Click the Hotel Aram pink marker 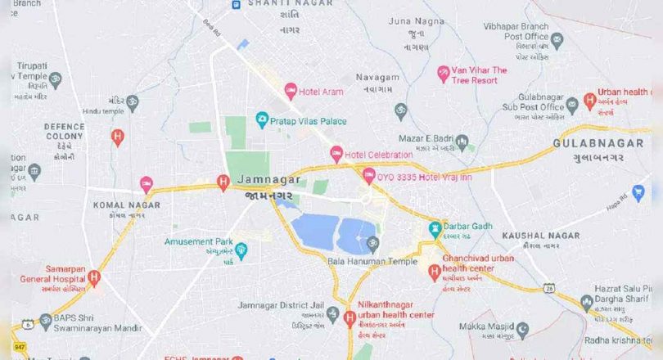[290, 91]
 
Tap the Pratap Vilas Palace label [309, 121]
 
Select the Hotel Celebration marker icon [336, 153]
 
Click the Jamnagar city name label [268, 179]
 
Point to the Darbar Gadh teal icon [435, 227]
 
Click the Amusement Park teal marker [241, 248]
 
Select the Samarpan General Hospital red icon [94, 278]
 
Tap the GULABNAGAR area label [598, 143]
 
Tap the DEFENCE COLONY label [64, 132]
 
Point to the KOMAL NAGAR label [120, 205]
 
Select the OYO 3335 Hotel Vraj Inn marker [368, 176]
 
